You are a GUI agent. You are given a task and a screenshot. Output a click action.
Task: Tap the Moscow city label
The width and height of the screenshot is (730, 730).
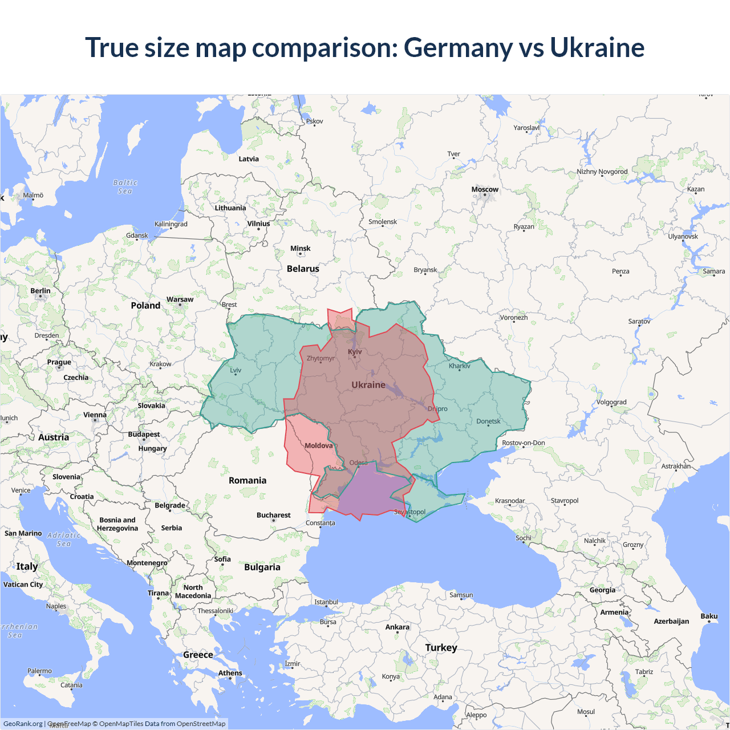tap(485, 189)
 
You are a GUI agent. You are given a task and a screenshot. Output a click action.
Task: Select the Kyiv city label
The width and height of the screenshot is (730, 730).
tap(355, 351)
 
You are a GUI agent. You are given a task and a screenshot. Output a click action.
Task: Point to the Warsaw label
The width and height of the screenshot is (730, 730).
tap(180, 299)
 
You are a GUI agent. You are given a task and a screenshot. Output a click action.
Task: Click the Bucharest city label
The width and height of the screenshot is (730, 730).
tap(273, 515)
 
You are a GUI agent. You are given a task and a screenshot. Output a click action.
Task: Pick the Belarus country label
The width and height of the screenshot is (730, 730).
tap(303, 269)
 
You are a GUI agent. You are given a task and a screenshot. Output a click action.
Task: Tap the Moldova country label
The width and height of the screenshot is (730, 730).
tap(318, 445)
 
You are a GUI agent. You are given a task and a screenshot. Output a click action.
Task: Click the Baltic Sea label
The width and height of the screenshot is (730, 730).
tap(125, 187)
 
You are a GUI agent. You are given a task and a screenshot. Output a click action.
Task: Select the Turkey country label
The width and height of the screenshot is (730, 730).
tap(441, 648)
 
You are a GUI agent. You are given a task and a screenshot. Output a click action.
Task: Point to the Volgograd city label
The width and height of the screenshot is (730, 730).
tap(611, 402)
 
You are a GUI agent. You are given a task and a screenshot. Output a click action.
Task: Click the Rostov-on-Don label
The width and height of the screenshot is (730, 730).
tap(523, 443)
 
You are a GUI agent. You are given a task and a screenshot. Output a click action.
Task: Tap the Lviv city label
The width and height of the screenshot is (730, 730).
tap(236, 370)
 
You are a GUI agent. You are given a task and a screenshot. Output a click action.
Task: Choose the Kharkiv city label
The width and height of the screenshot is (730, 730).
tap(460, 366)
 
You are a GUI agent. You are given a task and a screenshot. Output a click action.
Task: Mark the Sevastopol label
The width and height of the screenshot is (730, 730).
tap(409, 512)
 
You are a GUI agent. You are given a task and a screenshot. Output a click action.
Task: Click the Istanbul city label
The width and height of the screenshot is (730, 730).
tap(326, 602)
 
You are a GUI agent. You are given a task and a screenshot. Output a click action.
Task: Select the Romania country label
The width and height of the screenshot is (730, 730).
tap(248, 481)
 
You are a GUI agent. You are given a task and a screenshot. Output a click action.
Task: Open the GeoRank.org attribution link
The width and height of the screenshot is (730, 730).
tap(23, 724)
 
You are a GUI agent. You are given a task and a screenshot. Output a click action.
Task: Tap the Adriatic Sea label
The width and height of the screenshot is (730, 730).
tap(64, 540)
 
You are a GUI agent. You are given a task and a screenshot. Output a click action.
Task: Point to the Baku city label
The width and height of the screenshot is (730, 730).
tap(709, 616)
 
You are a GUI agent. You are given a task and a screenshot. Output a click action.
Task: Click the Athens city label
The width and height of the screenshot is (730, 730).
tap(230, 673)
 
